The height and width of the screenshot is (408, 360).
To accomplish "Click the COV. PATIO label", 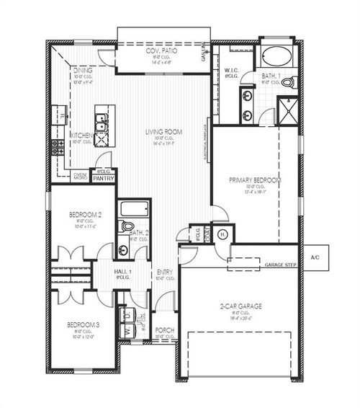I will (x=162, y=52).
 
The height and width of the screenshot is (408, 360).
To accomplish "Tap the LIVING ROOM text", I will (x=163, y=132).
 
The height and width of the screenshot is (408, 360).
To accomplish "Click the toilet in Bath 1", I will (x=289, y=83).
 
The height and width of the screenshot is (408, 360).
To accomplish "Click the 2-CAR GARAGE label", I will (x=240, y=306).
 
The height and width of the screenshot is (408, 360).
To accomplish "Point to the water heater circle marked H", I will (x=222, y=234).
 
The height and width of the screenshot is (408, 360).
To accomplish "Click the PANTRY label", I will (x=103, y=177).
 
